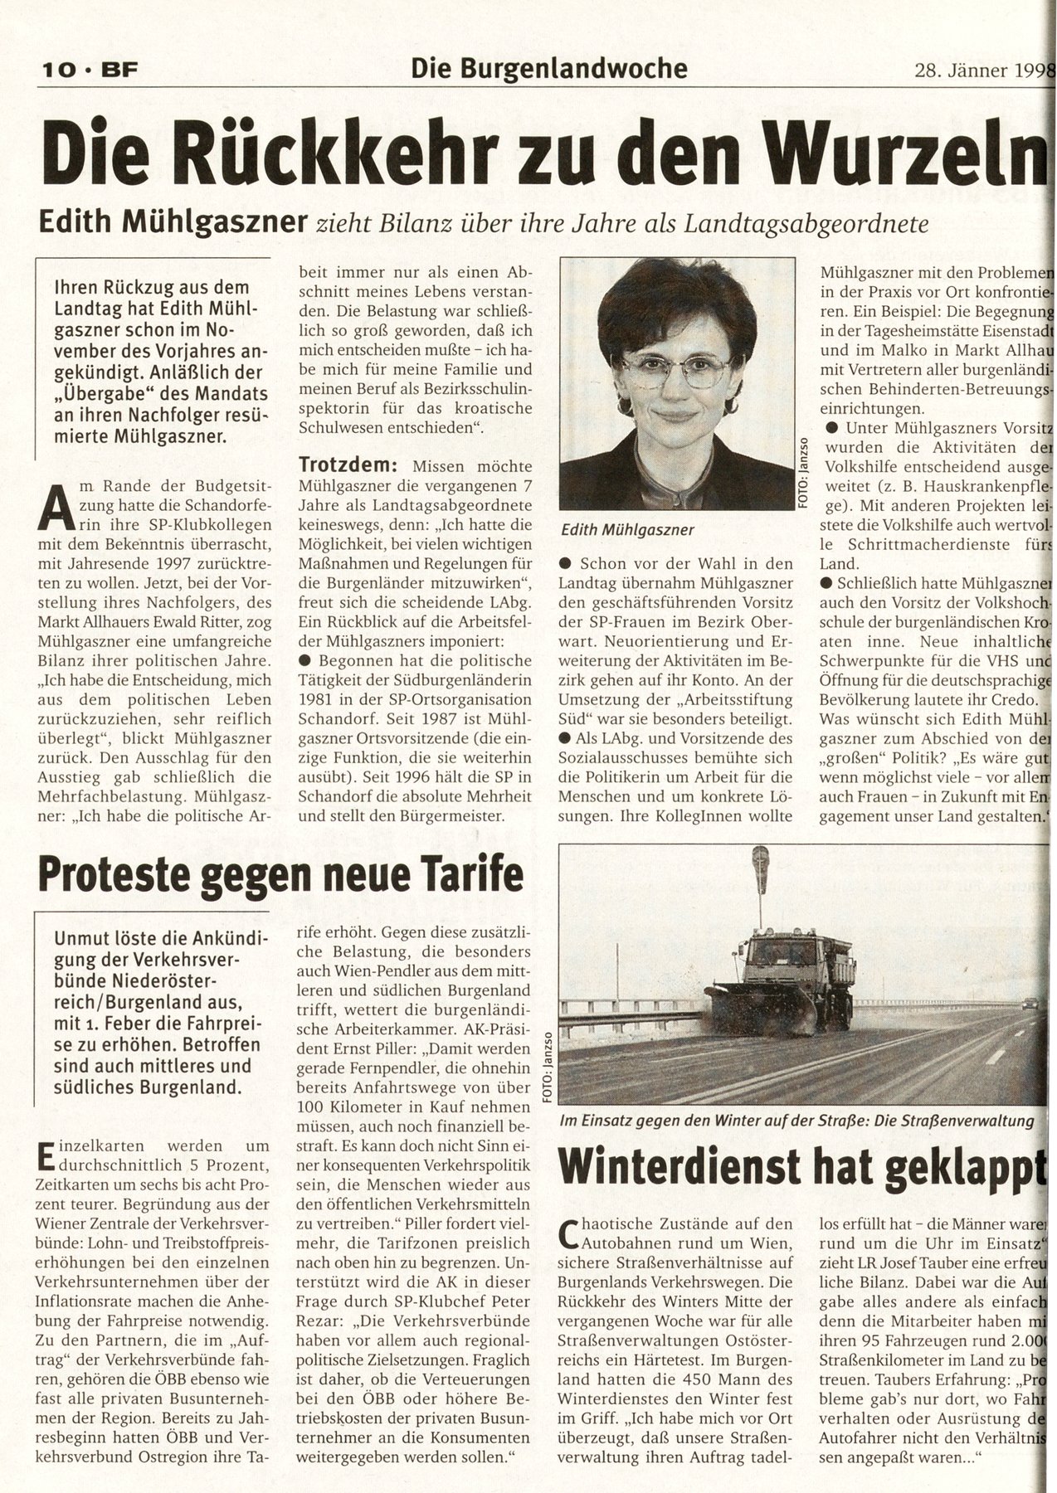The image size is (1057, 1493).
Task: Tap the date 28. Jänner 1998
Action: coord(980,69)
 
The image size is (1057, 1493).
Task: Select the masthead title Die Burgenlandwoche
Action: coord(548,68)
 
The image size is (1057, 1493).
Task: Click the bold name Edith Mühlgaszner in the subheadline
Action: coord(170,222)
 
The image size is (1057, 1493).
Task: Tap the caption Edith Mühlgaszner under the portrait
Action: coord(627,529)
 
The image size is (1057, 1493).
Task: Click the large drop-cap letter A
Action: coord(52,505)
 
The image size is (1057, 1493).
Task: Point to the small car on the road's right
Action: coord(1029,1003)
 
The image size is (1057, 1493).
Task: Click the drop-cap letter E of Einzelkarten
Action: coord(45,1155)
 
